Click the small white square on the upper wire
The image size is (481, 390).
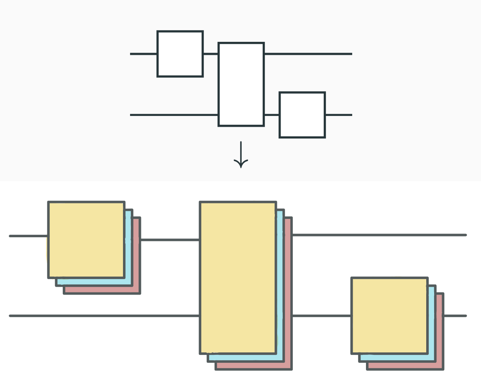tap(180, 54)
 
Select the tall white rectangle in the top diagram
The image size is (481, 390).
tap(241, 84)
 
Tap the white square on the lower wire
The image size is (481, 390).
tap(302, 115)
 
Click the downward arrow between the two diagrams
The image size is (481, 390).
tap(241, 155)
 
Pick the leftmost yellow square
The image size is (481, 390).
tap(86, 239)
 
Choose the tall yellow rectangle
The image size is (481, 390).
tap(238, 277)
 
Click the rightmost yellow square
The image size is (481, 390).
tap(389, 315)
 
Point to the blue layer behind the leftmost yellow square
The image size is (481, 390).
tap(128, 247)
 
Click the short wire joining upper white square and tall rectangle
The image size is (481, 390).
tap(210, 54)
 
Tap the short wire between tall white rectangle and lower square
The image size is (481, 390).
tap(271, 115)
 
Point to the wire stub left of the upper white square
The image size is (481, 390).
tap(143, 54)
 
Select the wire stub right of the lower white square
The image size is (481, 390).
tap(338, 115)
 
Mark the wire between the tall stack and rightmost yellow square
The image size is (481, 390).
tap(321, 316)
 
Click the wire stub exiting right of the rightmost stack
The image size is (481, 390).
tap(455, 316)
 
